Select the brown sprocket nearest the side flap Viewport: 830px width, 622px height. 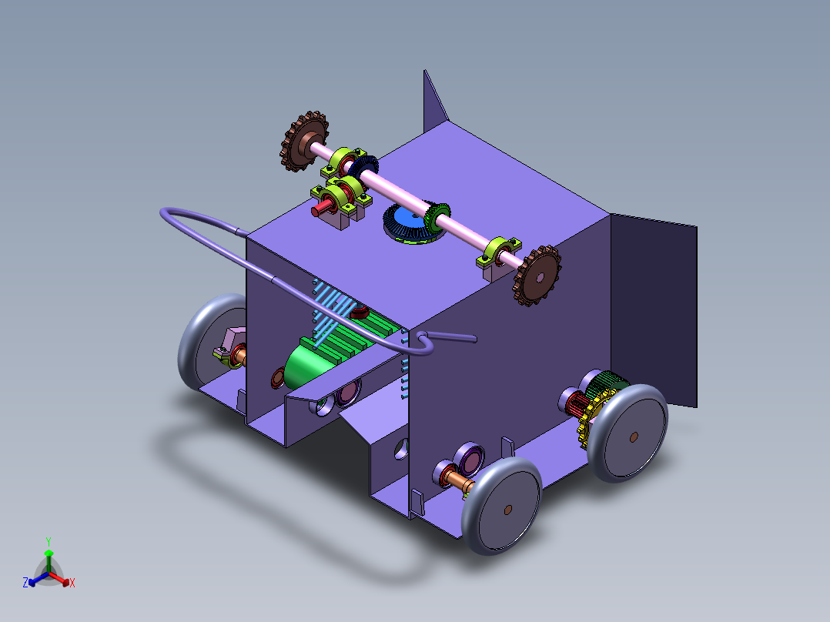pos(537,275)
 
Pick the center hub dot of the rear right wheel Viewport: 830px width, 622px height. pos(633,436)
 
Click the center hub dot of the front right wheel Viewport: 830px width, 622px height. pos(507,509)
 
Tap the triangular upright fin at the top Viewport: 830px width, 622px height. pos(433,100)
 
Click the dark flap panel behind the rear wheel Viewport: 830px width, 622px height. pos(654,308)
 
